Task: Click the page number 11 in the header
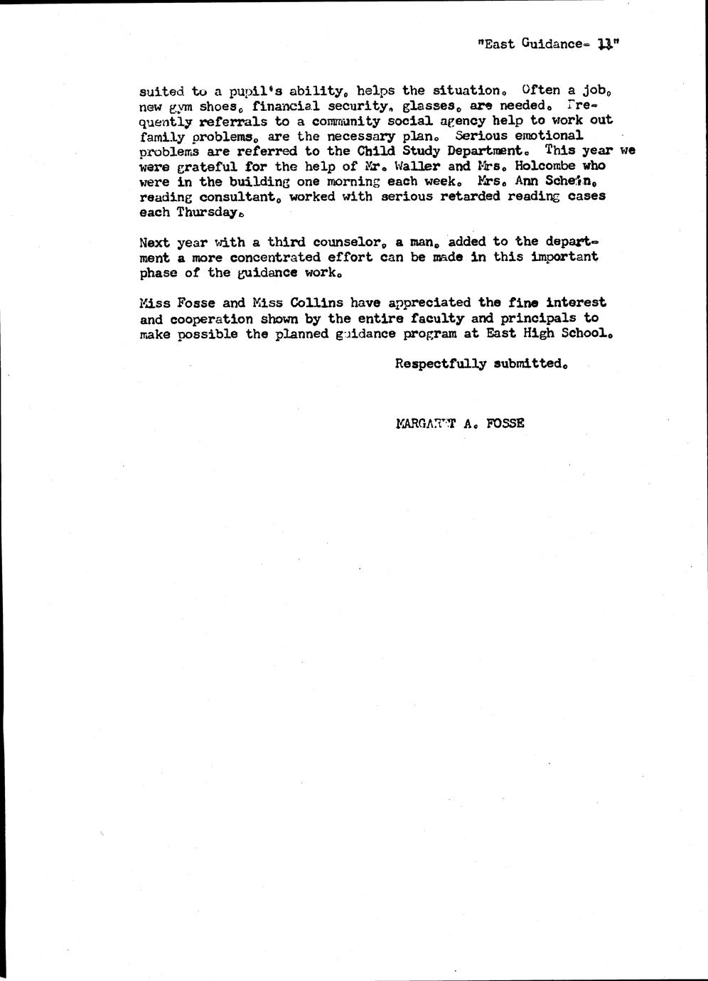(606, 44)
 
